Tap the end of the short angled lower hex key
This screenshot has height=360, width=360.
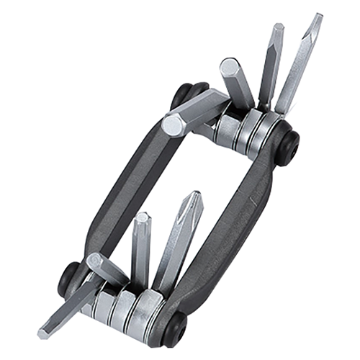pos(94,260)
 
